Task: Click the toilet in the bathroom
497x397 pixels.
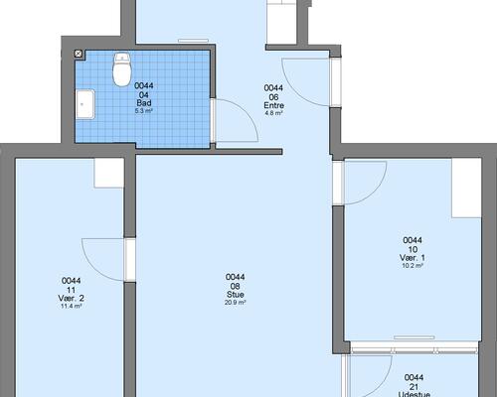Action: [122, 69]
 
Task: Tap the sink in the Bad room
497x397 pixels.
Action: [85, 104]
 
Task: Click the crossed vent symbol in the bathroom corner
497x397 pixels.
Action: [79, 54]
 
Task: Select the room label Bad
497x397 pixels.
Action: [144, 103]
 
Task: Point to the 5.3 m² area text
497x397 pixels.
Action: [144, 111]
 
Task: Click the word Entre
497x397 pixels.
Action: [273, 105]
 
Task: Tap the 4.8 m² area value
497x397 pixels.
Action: [273, 113]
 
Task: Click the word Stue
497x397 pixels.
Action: [236, 295]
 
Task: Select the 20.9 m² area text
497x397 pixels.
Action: [236, 303]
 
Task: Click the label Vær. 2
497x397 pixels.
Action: [71, 298]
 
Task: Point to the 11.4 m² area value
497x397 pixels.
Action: [71, 306]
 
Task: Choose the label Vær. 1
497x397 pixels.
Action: [413, 258]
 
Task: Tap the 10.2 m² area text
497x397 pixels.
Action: [413, 266]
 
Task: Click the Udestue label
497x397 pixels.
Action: [414, 394]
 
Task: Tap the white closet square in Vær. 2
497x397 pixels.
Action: [109, 173]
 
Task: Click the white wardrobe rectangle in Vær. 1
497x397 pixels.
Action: [466, 188]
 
